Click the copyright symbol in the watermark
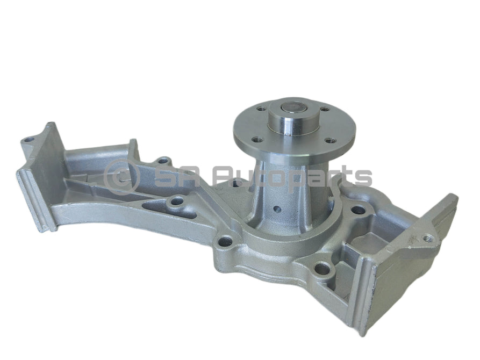click(x=121, y=176)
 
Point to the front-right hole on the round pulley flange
click(x=329, y=142)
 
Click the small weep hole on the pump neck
click(x=276, y=210)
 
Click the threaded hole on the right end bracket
click(x=428, y=236)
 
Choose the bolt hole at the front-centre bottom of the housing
click(x=322, y=268)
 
